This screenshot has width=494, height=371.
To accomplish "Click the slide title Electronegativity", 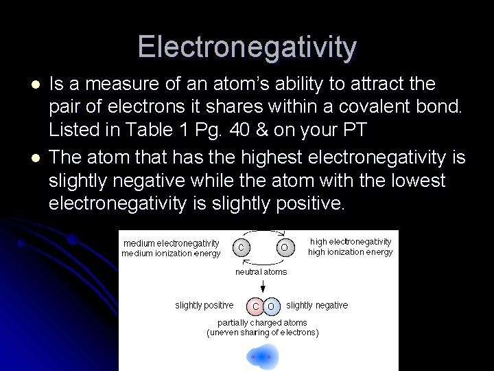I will coord(247,47).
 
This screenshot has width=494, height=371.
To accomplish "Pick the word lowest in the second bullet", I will coord(410,181).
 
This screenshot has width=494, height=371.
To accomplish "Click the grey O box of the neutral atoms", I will coord(285,246).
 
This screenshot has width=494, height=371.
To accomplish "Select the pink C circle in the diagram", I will coord(255,306).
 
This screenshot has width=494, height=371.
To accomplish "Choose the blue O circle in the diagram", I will coord(271,306).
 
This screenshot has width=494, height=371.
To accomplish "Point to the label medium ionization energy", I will coord(171,254).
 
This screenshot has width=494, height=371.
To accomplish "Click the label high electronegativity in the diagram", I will coord(351,241).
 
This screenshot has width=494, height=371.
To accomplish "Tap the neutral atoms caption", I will coord(261,272).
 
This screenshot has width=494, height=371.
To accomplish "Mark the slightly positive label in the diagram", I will coord(204,305).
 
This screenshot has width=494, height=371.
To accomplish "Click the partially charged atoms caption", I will coord(262,322).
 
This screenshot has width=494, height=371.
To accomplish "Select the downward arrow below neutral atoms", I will coord(262,286).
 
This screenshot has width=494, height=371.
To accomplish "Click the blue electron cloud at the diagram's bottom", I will coord(262,357).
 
